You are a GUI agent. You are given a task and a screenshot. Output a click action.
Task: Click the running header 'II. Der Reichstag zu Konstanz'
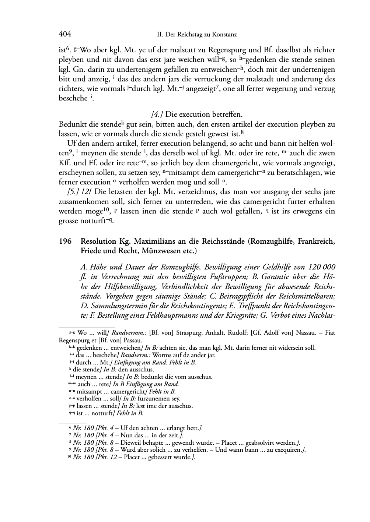pos(197,35)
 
